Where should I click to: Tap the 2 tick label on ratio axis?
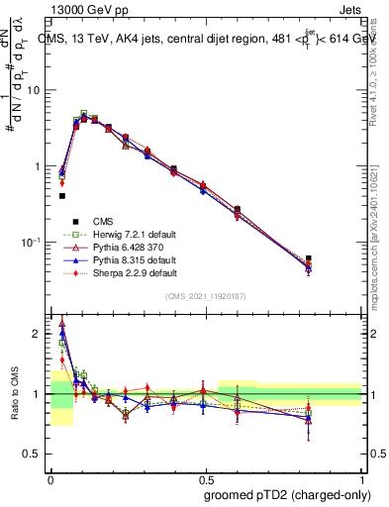pos(39,334)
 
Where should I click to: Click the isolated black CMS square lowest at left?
pos(62,196)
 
